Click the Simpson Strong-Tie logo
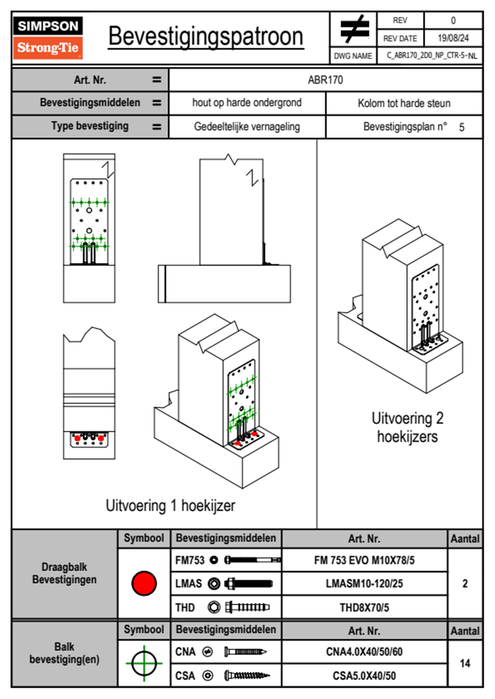tap(48, 38)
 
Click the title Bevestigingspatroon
tap(205, 37)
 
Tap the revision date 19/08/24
tap(453, 38)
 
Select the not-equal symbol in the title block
tap(354, 30)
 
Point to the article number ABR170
tap(325, 80)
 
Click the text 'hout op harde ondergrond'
tap(247, 103)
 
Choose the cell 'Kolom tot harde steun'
tap(404, 103)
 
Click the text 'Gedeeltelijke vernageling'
tap(247, 127)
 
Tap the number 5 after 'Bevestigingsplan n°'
tap(462, 127)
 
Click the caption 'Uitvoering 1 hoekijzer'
tap(170, 506)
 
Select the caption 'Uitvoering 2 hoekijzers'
tap(407, 427)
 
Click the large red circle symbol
tap(144, 583)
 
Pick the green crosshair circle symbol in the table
tap(144, 663)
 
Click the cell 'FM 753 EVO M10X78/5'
tap(364, 560)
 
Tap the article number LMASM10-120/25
tap(364, 583)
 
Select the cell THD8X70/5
tap(364, 608)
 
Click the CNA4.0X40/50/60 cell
tap(364, 652)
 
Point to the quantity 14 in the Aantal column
tap(465, 663)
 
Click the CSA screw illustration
tap(247, 676)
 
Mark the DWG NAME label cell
tap(353, 56)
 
